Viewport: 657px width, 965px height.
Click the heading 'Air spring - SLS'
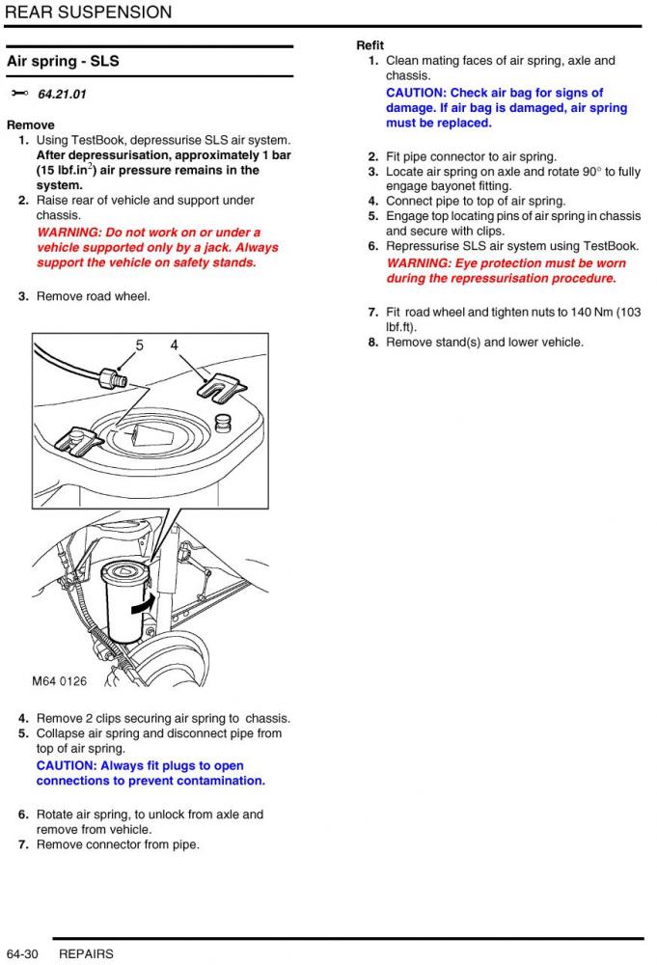pos(64,62)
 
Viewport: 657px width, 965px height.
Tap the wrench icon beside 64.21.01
pos(19,94)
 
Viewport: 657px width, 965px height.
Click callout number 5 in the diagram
pos(139,345)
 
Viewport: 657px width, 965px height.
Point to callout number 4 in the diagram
pos(174,345)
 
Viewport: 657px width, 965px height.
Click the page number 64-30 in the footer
pos(21,953)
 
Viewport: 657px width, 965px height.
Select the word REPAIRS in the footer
pos(86,953)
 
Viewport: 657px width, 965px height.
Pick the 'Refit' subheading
pos(370,45)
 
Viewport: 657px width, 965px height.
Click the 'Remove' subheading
pos(31,124)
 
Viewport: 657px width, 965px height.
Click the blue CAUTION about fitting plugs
pos(68,766)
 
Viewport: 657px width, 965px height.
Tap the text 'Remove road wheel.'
pos(94,296)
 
